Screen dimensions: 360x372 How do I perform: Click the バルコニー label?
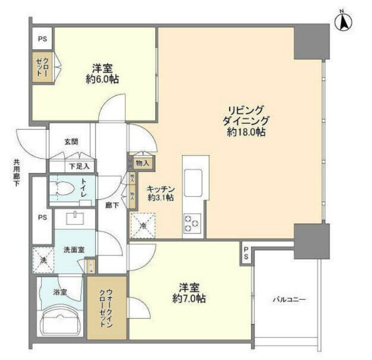tap(289, 300)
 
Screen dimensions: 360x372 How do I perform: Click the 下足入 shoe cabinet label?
tap(76, 166)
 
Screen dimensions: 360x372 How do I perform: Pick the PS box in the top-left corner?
tap(42, 39)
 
